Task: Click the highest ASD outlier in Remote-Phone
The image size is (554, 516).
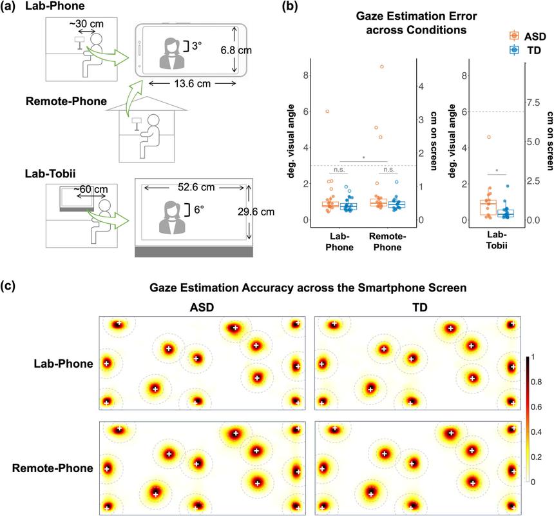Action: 381,66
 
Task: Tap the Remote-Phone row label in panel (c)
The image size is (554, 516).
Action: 48,468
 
